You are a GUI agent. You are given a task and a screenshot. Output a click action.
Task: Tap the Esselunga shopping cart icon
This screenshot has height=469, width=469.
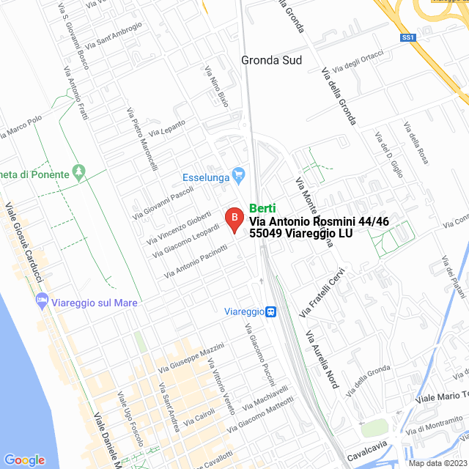tap(237, 175)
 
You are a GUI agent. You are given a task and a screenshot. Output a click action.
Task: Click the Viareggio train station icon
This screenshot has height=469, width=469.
tap(271, 311)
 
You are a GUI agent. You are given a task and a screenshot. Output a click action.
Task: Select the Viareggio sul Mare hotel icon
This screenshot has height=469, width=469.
tap(43, 301)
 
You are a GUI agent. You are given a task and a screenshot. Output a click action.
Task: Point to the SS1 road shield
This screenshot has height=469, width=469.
tap(408, 37)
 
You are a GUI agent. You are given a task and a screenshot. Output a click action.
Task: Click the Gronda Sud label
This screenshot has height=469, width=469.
tap(272, 60)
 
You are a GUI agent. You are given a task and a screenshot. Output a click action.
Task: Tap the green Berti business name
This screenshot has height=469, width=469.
tap(262, 208)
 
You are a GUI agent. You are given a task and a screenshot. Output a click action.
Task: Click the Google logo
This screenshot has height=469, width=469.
tap(24, 459)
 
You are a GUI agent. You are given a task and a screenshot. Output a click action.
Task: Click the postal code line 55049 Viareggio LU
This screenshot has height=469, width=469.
tap(301, 233)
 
